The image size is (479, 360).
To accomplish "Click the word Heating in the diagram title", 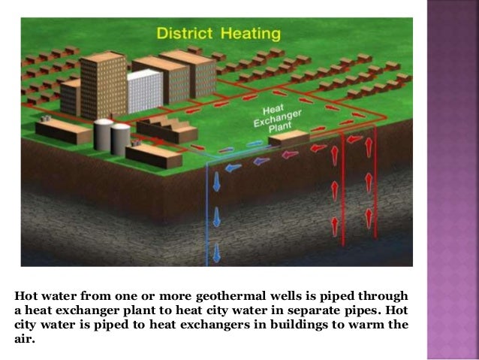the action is [x=252, y=35].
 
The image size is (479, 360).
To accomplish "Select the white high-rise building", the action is [x=145, y=90].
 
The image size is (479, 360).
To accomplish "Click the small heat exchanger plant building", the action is [x=288, y=138].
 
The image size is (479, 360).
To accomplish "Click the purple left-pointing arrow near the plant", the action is [x=261, y=159].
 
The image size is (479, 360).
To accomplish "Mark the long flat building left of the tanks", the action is [x=64, y=132].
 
